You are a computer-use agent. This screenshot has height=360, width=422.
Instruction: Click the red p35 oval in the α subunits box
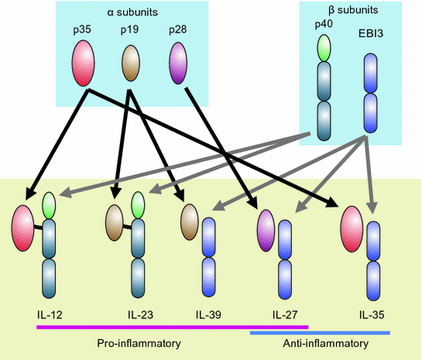coord(84,63)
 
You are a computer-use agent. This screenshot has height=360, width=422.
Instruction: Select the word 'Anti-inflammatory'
coord(320,343)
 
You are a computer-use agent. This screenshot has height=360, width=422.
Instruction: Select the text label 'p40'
coord(322,26)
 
